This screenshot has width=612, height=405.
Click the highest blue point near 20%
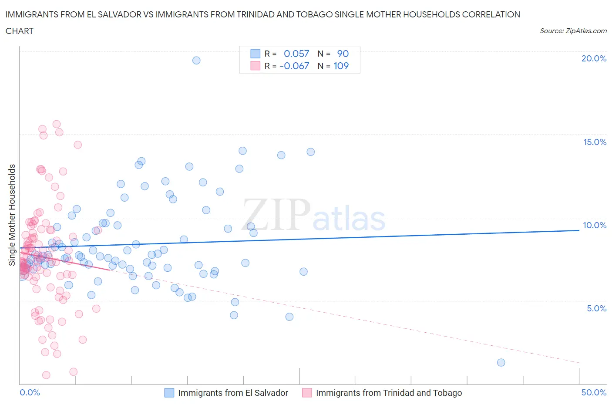[x=196, y=61]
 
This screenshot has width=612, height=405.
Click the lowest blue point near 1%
[x=501, y=362]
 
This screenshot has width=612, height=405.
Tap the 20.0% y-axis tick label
[x=594, y=58]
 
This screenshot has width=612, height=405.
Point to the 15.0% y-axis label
[x=595, y=142]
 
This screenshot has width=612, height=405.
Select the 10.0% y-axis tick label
[x=595, y=225]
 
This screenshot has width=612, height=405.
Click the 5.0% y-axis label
[x=596, y=308]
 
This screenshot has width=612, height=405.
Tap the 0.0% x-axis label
[x=30, y=392]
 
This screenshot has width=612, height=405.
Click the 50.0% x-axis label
[x=594, y=392]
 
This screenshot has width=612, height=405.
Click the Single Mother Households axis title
[x=12, y=215]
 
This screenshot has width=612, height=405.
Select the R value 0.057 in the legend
[x=296, y=54]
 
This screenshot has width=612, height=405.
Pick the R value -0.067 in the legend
[x=294, y=66]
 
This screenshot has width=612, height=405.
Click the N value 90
[x=343, y=54]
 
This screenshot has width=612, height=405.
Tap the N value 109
[x=341, y=66]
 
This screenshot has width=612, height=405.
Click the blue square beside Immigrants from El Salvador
[x=169, y=393]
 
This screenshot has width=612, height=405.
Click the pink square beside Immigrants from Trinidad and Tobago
[x=307, y=393]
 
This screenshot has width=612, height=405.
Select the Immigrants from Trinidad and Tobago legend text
[x=389, y=393]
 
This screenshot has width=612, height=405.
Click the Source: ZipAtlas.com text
[x=573, y=31]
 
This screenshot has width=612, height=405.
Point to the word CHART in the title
[x=20, y=31]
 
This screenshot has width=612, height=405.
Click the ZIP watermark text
[x=277, y=215]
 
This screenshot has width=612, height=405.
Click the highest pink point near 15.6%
[x=56, y=124]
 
